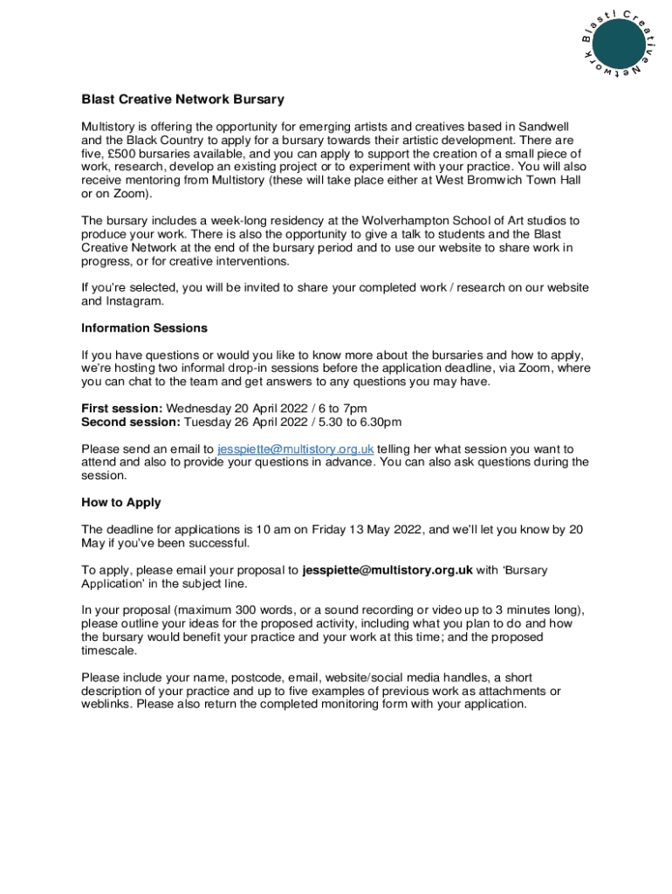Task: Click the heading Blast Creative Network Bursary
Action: coord(183,100)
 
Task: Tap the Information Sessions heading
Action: coord(144,328)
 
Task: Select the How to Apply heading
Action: coord(121,503)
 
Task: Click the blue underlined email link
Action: coord(296,449)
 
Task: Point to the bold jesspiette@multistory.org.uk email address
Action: coord(387,570)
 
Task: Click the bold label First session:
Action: coord(122,409)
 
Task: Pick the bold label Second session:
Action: coord(131,422)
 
